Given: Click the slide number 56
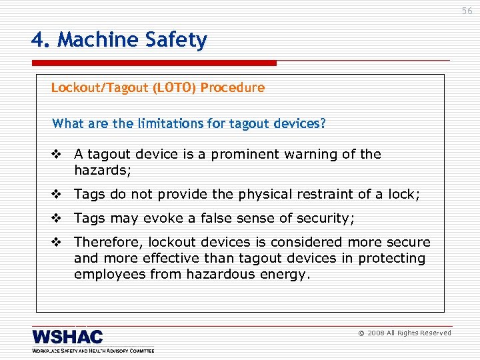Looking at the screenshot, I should pos(466,11).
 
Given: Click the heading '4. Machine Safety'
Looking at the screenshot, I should pos(119,41).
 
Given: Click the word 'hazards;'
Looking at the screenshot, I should pos(103,171).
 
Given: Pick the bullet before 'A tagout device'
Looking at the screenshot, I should pos(56,155).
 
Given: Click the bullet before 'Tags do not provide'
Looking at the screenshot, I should pos(56,195).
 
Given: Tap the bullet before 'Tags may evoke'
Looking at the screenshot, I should pos(56,219).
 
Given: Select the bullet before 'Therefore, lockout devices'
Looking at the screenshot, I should pos(56,243).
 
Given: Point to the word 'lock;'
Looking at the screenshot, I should pos(404,195).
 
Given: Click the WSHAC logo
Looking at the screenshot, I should pos(68,337).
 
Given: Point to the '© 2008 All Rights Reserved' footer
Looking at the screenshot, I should pos(405,333).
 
